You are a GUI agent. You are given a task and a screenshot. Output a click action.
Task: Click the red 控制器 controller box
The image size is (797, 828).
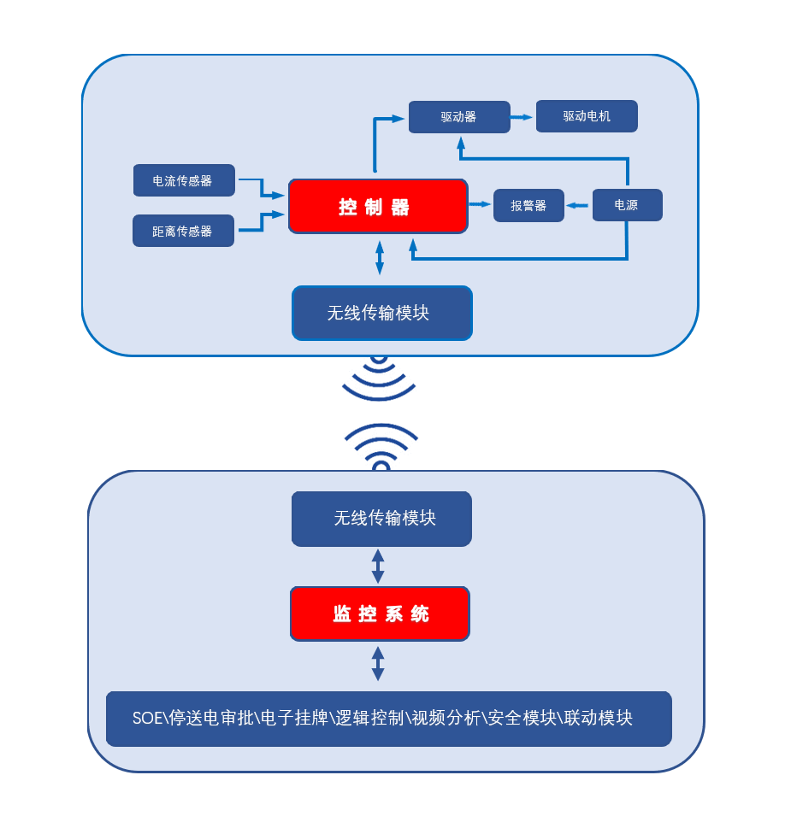pyautogui.click(x=377, y=206)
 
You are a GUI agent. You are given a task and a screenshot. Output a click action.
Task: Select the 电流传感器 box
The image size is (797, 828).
pyautogui.click(x=183, y=180)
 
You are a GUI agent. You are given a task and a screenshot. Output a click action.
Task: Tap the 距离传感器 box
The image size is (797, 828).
pyautogui.click(x=183, y=231)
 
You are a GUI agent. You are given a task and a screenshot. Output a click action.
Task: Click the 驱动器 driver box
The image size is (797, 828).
pyautogui.click(x=459, y=117)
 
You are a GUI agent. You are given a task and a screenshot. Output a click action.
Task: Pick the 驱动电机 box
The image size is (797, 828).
pyautogui.click(x=587, y=116)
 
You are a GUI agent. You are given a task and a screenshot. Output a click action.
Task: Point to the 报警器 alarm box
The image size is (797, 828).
pyautogui.click(x=528, y=205)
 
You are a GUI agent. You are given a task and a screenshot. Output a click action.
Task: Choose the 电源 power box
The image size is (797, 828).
pyautogui.click(x=627, y=205)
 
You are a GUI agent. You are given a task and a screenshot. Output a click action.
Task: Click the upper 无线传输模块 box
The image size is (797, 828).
pyautogui.click(x=381, y=313)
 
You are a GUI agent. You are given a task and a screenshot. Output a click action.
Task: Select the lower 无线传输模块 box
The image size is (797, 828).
pyautogui.click(x=381, y=519)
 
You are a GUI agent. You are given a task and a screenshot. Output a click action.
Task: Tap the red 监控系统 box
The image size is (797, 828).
pyautogui.click(x=380, y=614)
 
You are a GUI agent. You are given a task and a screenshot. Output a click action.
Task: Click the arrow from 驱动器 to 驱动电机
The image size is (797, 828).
pyautogui.click(x=522, y=117)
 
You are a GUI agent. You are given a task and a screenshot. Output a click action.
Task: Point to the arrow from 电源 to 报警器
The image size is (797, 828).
pyautogui.click(x=578, y=205)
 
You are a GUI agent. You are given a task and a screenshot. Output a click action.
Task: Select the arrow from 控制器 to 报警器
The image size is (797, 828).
pyautogui.click(x=481, y=204)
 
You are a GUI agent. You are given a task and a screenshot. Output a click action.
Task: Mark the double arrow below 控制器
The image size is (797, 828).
pyautogui.click(x=380, y=258)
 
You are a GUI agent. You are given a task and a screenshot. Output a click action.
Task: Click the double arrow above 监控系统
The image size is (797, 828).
pyautogui.click(x=378, y=566)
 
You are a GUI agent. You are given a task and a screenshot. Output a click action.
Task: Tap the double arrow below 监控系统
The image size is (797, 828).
pyautogui.click(x=378, y=664)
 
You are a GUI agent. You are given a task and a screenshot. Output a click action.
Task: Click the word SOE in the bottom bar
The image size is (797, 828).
pyautogui.click(x=147, y=719)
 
